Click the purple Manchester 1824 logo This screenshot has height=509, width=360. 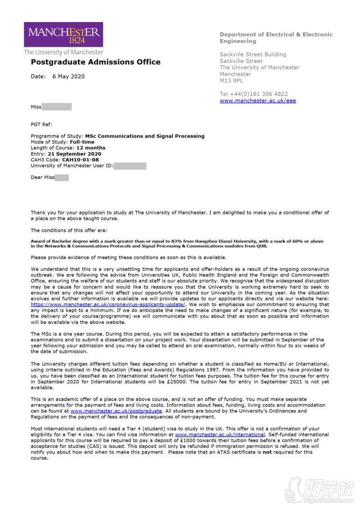coord(63,35)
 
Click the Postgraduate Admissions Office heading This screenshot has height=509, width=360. coord(95,62)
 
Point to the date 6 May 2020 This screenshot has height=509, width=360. coord(68,76)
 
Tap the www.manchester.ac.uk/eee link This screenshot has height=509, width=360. coord(258,101)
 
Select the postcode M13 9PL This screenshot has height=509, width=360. coord(231,81)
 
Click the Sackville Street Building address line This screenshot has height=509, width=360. coord(253,54)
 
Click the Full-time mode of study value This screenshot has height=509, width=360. coord(82,142)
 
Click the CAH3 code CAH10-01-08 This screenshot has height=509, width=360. coord(80,160)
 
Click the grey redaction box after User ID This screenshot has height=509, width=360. coord(130,166)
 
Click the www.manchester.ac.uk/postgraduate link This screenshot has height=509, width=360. coord(116,411)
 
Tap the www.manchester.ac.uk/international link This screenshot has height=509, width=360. coord(220,435)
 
